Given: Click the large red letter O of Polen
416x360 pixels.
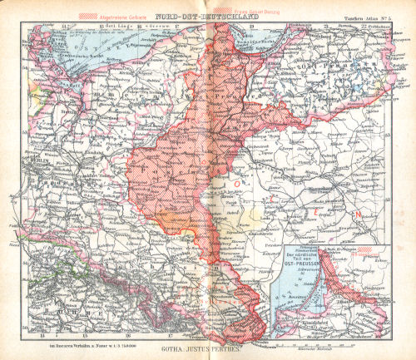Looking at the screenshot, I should tap(236, 182).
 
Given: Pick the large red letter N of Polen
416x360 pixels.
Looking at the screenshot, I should tap(359, 217).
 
